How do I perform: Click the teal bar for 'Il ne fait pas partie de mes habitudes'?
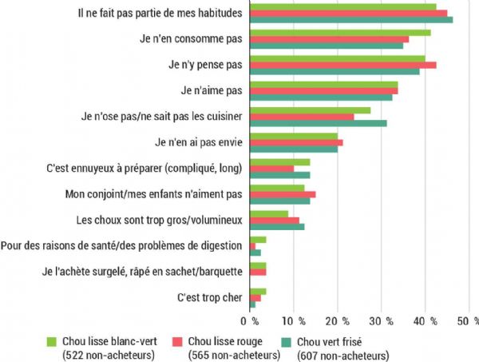click(351, 20)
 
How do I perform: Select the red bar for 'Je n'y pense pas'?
click(343, 65)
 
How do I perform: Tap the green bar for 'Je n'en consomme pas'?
click(341, 33)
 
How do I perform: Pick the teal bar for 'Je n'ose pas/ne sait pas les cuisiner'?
click(319, 123)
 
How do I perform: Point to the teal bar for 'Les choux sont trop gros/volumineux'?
click(277, 227)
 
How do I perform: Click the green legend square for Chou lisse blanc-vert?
click(52, 340)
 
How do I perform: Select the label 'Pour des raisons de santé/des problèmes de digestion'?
click(124, 246)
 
